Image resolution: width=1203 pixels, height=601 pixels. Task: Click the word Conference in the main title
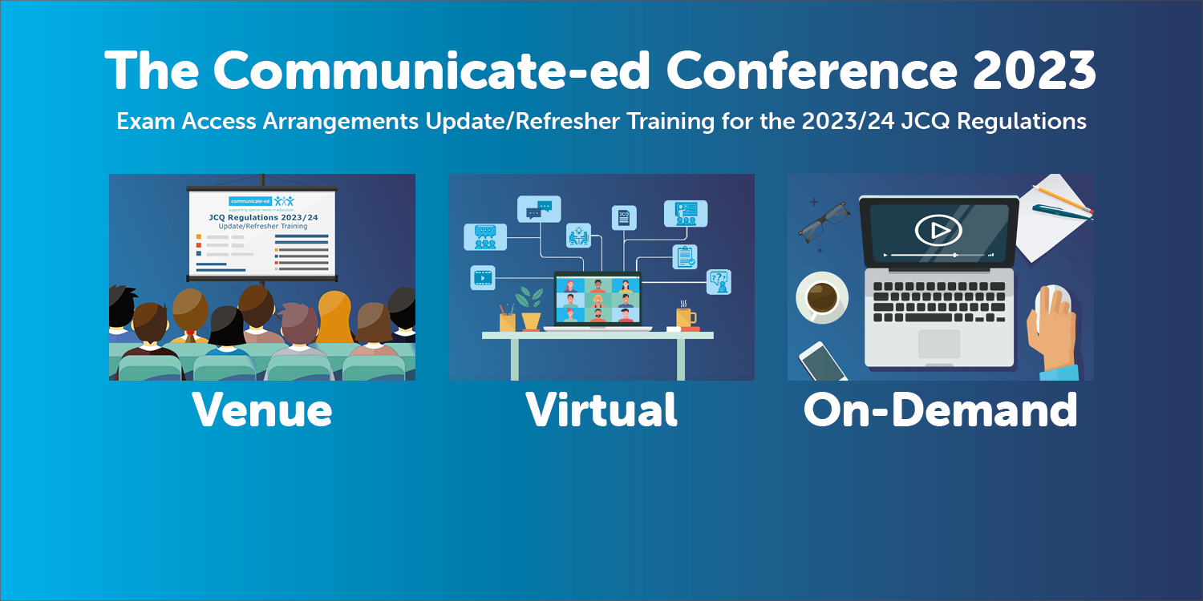812,71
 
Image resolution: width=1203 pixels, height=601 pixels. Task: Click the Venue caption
262,409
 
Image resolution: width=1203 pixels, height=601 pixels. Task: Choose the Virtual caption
601,409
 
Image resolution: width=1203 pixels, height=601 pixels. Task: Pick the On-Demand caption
940,409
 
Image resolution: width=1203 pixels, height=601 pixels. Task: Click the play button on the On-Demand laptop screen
938,231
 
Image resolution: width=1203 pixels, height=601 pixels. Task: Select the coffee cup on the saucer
822,297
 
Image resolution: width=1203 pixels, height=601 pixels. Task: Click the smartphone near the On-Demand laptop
823,361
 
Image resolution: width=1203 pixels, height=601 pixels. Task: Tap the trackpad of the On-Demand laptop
938,344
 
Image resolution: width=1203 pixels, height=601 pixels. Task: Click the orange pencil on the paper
1061,197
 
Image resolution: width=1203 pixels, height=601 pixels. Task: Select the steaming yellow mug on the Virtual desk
685,318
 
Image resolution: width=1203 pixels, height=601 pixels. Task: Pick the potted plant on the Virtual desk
530,309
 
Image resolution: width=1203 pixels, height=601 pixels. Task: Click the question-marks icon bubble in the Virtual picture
718,280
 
